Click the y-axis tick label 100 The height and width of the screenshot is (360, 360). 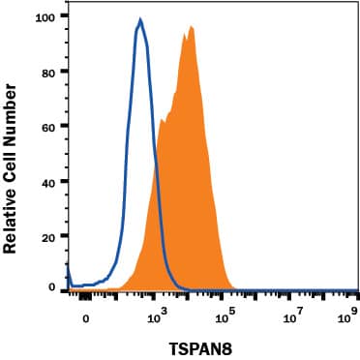pyautogui.click(x=45, y=17)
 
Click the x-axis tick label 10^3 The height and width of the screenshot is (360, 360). pyautogui.click(x=158, y=313)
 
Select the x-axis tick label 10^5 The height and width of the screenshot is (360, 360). pyautogui.click(x=225, y=313)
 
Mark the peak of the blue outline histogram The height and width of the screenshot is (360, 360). pyautogui.click(x=140, y=19)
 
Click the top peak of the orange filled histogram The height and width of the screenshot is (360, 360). pyautogui.click(x=192, y=27)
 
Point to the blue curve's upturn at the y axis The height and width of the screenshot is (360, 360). pyautogui.click(x=68, y=266)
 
